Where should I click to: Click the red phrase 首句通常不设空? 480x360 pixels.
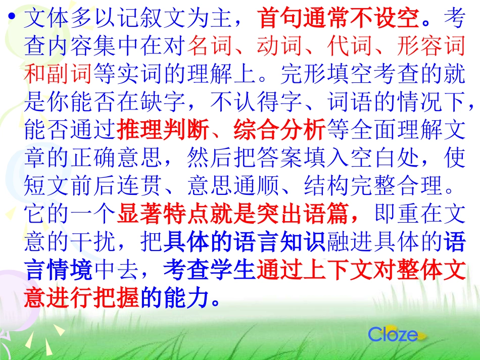point(339,20)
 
